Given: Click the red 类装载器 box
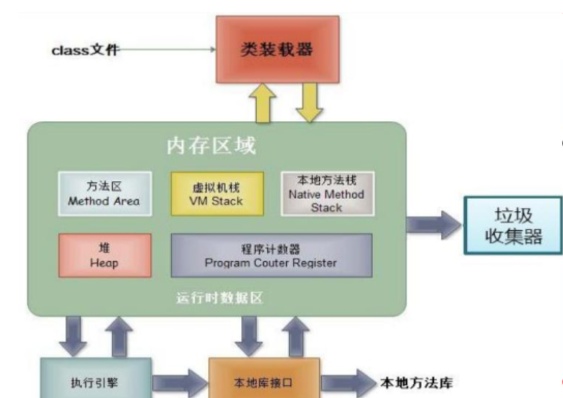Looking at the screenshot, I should [277, 49].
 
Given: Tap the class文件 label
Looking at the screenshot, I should [85, 50].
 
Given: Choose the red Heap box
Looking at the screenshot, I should [104, 255].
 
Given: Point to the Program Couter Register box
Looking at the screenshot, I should [271, 255].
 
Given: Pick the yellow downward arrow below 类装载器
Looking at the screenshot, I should [307, 104].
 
